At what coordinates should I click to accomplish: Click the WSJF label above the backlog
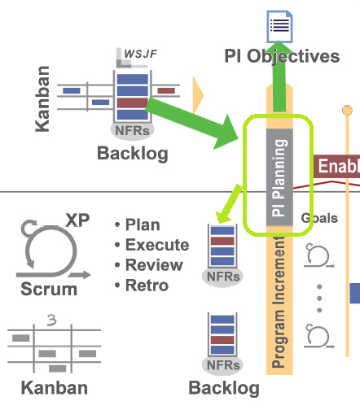point(141,55)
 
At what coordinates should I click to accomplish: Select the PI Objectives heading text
point(282,56)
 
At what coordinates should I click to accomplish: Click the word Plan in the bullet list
point(143,225)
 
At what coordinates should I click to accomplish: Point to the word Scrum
point(50,289)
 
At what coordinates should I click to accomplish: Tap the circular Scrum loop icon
point(49,246)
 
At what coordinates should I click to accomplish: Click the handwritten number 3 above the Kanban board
point(53,320)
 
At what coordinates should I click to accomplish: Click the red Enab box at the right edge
point(336,167)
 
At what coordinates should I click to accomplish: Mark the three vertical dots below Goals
point(319,297)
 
